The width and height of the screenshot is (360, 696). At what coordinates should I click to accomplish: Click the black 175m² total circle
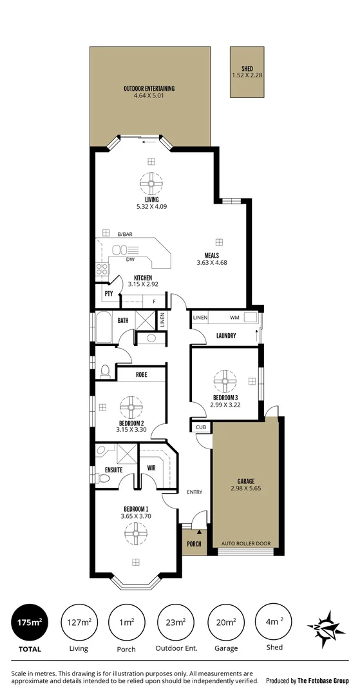(x=30, y=623)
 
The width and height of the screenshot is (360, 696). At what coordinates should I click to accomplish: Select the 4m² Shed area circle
(x=273, y=623)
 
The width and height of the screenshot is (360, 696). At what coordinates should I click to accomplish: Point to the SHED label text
(x=247, y=69)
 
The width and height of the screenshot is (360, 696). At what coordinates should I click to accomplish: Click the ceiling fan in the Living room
(x=151, y=185)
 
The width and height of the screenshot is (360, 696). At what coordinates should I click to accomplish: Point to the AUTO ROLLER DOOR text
(x=246, y=544)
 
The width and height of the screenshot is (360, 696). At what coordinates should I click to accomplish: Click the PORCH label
(x=194, y=544)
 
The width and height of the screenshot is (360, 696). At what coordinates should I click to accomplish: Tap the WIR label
(x=151, y=468)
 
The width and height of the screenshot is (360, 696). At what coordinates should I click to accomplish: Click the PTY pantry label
(x=109, y=293)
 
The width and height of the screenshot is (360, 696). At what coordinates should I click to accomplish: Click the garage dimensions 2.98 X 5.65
(x=246, y=488)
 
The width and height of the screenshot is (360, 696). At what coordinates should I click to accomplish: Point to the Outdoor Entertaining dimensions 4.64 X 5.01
(x=149, y=97)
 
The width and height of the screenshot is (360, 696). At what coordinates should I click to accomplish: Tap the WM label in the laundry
(x=233, y=318)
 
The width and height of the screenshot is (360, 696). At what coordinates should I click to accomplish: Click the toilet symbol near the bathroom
(x=105, y=372)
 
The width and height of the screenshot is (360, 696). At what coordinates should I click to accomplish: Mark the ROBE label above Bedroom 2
(x=142, y=374)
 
